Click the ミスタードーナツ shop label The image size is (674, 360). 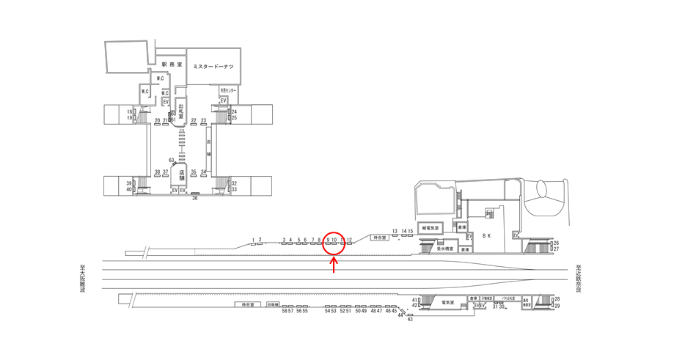point(213,66)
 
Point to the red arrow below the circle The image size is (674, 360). point(334,265)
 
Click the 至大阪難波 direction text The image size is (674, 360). point(83,279)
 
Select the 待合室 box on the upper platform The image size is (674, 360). point(379,238)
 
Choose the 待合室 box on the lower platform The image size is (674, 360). point(248,304)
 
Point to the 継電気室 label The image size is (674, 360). point(431,228)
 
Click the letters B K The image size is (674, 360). point(486,236)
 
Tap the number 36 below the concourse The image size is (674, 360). point(195,198)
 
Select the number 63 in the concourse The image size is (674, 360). point(171,160)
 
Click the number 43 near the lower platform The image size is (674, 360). point(410,319)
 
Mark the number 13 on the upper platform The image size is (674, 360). point(395,231)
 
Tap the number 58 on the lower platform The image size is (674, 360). point(283,311)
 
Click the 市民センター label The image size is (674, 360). point(227,90)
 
